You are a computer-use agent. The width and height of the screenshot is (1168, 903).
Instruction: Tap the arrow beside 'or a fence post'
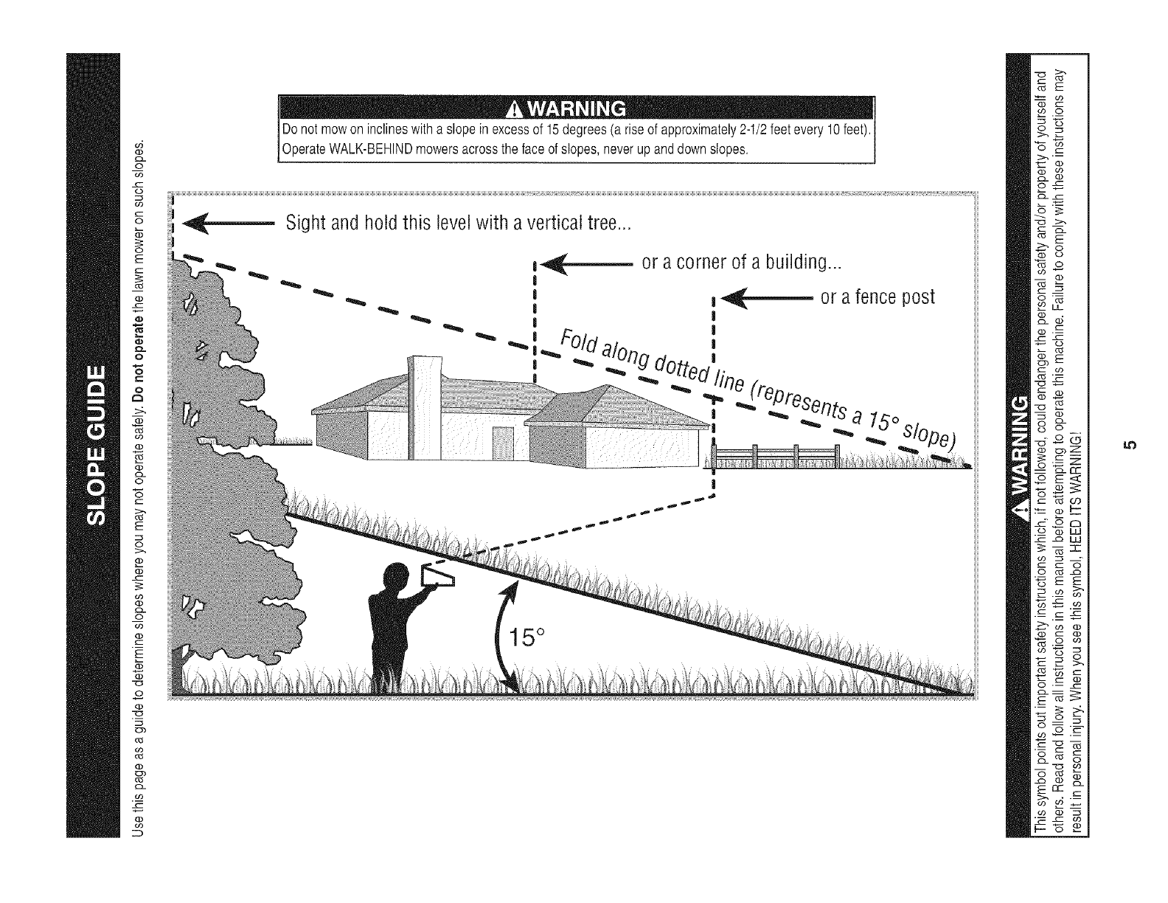tap(765, 297)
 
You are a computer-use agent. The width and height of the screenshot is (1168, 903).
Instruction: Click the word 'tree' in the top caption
tap(609, 223)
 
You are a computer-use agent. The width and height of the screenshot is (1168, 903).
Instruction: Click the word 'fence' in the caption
tap(872, 297)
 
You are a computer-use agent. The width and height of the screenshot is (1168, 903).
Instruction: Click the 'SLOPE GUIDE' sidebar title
tap(97, 446)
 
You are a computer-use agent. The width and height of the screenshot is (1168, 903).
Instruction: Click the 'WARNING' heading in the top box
tap(576, 108)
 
